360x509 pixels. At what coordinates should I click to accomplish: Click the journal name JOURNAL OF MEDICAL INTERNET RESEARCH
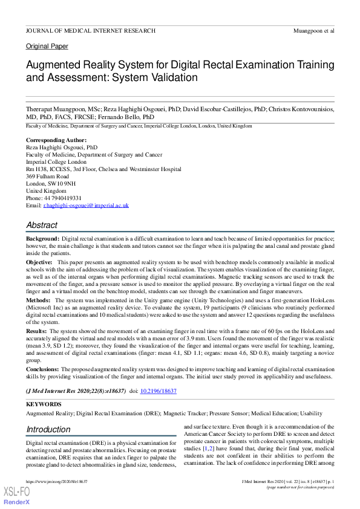[x=90, y=30]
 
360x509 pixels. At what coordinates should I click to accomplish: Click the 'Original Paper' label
[x=47, y=47]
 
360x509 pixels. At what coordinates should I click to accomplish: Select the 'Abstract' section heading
[x=42, y=225]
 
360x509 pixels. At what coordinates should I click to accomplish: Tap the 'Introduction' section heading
[x=48, y=430]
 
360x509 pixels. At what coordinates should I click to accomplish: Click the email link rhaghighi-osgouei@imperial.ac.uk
[x=85, y=206]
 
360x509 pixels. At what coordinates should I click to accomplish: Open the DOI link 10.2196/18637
[x=159, y=391]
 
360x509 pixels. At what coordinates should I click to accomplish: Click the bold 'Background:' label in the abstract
[x=42, y=240]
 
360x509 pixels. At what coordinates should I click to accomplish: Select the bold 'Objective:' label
[x=39, y=263]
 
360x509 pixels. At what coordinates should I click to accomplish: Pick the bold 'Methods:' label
[x=38, y=300]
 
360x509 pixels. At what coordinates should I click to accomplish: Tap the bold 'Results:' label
[x=36, y=331]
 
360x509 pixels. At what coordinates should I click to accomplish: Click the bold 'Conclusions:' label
[x=42, y=368]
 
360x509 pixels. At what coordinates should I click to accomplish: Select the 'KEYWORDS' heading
[x=43, y=404]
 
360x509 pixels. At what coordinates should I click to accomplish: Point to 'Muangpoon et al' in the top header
[x=313, y=30]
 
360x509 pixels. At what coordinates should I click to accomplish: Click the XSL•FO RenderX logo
[x=17, y=496]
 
